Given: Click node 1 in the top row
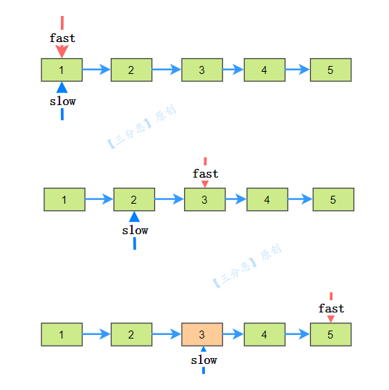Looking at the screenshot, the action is click(x=62, y=70).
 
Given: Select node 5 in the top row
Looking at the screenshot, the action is click(x=330, y=70).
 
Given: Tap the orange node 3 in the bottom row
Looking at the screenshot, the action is click(x=202, y=334).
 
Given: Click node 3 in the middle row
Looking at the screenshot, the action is click(x=205, y=199).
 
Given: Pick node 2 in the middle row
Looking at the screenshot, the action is click(x=134, y=199).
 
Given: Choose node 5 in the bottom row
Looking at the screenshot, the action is click(x=330, y=334).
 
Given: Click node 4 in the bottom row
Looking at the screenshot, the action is click(x=264, y=334).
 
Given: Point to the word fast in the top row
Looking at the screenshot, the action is click(x=62, y=38).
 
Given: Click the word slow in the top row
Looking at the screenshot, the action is click(x=62, y=101).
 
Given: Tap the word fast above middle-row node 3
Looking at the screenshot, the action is click(x=206, y=173).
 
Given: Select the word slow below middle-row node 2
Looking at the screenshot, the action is click(x=135, y=231).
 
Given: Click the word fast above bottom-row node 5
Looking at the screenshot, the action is click(x=331, y=308).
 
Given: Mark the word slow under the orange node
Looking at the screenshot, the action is click(x=204, y=360).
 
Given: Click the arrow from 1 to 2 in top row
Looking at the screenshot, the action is click(x=96, y=70).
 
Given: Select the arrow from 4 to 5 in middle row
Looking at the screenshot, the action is click(x=301, y=199).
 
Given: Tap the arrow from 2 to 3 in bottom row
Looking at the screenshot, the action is click(x=167, y=334).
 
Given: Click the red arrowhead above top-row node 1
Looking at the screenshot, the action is click(x=62, y=51).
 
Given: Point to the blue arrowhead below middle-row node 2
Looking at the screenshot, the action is click(x=134, y=217).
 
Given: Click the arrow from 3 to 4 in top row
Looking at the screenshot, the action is click(x=233, y=70).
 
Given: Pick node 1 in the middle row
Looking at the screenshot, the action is click(x=64, y=199).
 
